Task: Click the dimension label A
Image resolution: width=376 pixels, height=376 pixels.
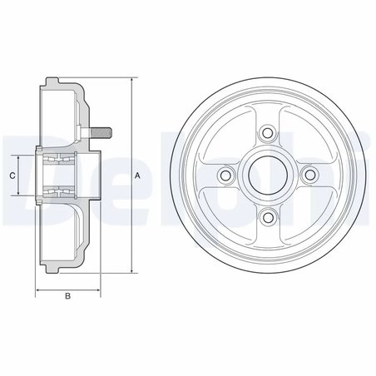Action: tap(138, 176)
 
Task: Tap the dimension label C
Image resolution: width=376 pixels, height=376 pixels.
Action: tap(12, 176)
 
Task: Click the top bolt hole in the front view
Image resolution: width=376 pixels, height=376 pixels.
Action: tap(266, 131)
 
